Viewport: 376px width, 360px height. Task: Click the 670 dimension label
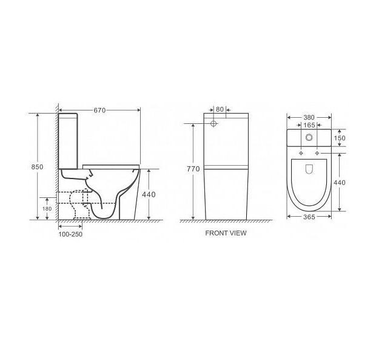coord(99,110)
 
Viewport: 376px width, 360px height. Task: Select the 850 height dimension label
coord(37,167)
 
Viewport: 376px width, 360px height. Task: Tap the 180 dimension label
coord(47,209)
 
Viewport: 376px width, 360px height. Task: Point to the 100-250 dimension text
coord(70,234)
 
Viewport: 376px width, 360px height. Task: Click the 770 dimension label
coord(193,169)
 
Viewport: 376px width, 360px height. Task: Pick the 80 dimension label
coord(220,109)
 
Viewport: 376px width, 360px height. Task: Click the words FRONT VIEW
coord(226,233)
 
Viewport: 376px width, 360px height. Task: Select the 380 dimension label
coord(309,118)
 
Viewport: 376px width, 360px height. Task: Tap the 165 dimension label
coord(309,125)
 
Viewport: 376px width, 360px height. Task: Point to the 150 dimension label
coord(340,138)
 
